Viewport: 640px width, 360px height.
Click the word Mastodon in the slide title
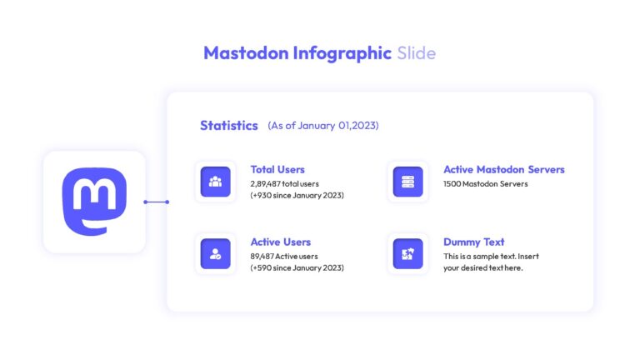pyautogui.click(x=246, y=53)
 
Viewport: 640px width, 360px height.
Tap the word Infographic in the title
pyautogui.click(x=342, y=54)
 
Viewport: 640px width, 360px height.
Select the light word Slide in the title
pyautogui.click(x=417, y=53)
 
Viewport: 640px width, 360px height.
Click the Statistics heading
pyautogui.click(x=229, y=125)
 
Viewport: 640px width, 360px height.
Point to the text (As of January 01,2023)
pyautogui.click(x=323, y=126)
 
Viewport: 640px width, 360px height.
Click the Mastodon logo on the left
pyautogui.click(x=94, y=202)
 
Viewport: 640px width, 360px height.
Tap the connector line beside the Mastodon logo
pyautogui.click(x=157, y=202)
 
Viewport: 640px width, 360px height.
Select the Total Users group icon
pyautogui.click(x=216, y=182)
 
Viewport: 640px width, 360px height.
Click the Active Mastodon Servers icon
pyautogui.click(x=407, y=182)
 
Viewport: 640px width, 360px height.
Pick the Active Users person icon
pyautogui.click(x=216, y=254)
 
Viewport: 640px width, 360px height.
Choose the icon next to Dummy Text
pyautogui.click(x=407, y=254)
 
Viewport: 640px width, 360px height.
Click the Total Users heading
pyautogui.click(x=277, y=169)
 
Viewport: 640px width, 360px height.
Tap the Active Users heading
pyautogui.click(x=281, y=242)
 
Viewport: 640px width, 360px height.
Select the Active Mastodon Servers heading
pyautogui.click(x=504, y=169)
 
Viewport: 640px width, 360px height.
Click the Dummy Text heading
pyautogui.click(x=474, y=242)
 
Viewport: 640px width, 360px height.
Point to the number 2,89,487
pyautogui.click(x=265, y=184)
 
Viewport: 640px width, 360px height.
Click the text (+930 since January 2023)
pyautogui.click(x=297, y=196)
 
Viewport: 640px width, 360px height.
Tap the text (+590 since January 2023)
pyautogui.click(x=297, y=268)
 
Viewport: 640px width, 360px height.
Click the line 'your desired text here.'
pyautogui.click(x=483, y=268)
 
